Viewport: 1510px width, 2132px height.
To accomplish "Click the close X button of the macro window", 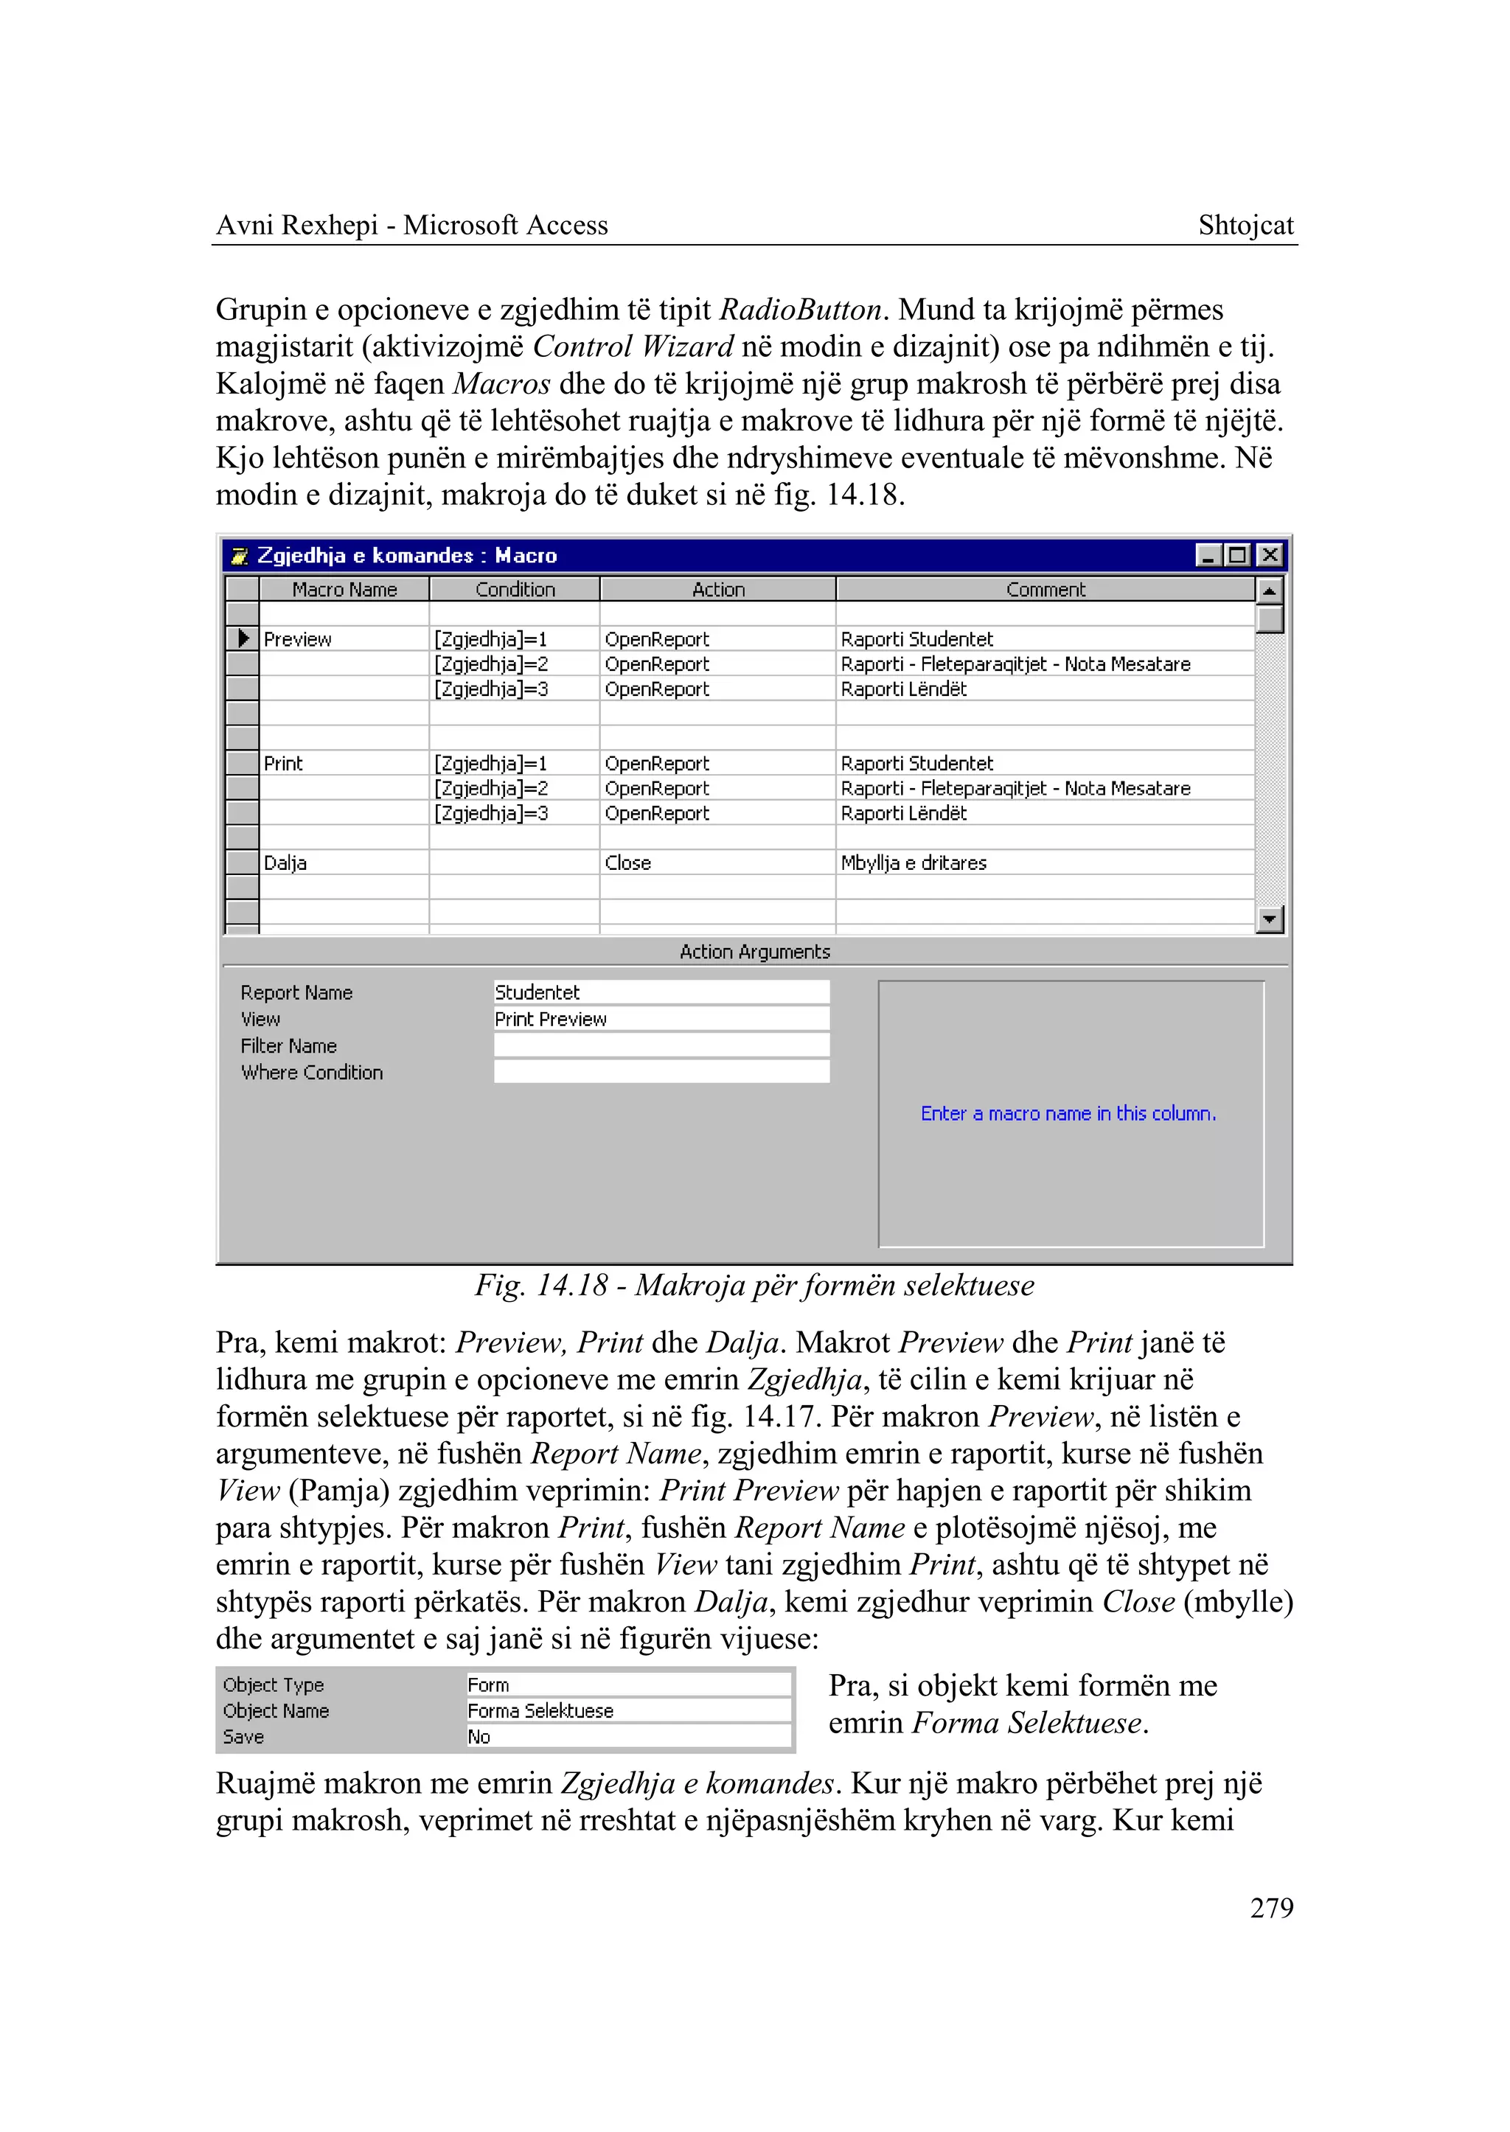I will click(1269, 555).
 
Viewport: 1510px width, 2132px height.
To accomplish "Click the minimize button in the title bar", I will click(1208, 555).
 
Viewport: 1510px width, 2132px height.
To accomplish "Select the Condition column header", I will click(515, 590).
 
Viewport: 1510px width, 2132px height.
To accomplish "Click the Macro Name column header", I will click(344, 590).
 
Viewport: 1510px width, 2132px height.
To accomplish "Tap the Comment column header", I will click(1045, 590).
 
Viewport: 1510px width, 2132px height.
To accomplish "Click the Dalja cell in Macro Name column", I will click(285, 863).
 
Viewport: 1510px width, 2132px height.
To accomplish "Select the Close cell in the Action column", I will click(627, 863).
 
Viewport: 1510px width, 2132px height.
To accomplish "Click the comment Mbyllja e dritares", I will click(913, 863).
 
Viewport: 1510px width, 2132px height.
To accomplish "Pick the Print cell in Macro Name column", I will click(284, 763).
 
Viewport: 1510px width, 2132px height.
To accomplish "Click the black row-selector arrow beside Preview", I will click(243, 638).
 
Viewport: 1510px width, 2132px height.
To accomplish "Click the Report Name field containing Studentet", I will click(660, 992).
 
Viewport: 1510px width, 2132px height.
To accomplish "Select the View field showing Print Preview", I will click(660, 1019).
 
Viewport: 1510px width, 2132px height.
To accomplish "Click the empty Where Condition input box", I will click(660, 1072).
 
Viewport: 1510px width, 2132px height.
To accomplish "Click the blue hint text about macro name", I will click(1068, 1114).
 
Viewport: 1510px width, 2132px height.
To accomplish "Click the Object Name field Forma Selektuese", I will click(627, 1711).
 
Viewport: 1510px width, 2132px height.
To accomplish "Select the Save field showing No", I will click(627, 1737).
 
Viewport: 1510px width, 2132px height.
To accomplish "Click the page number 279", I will click(1271, 1907).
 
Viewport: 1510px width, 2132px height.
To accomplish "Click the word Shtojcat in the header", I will click(1245, 225).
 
